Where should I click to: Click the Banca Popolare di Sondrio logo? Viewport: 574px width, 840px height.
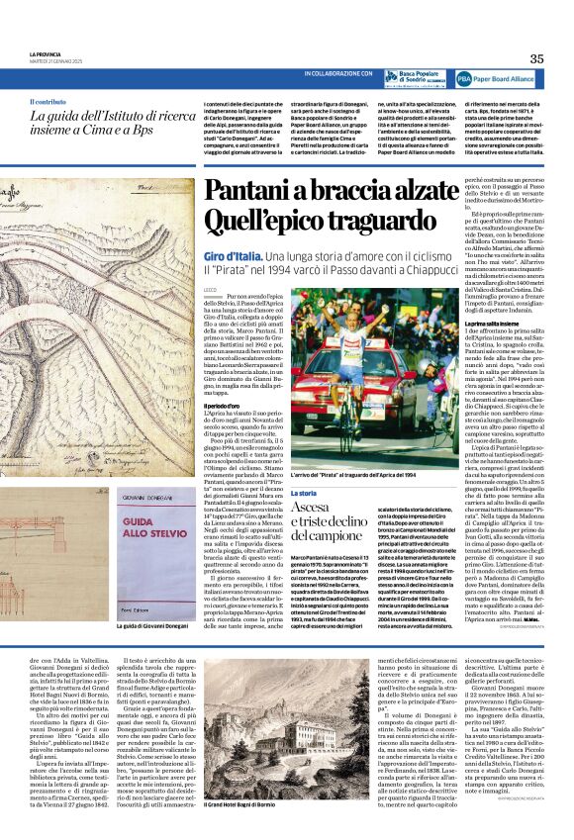pyautogui.click(x=414, y=76)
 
